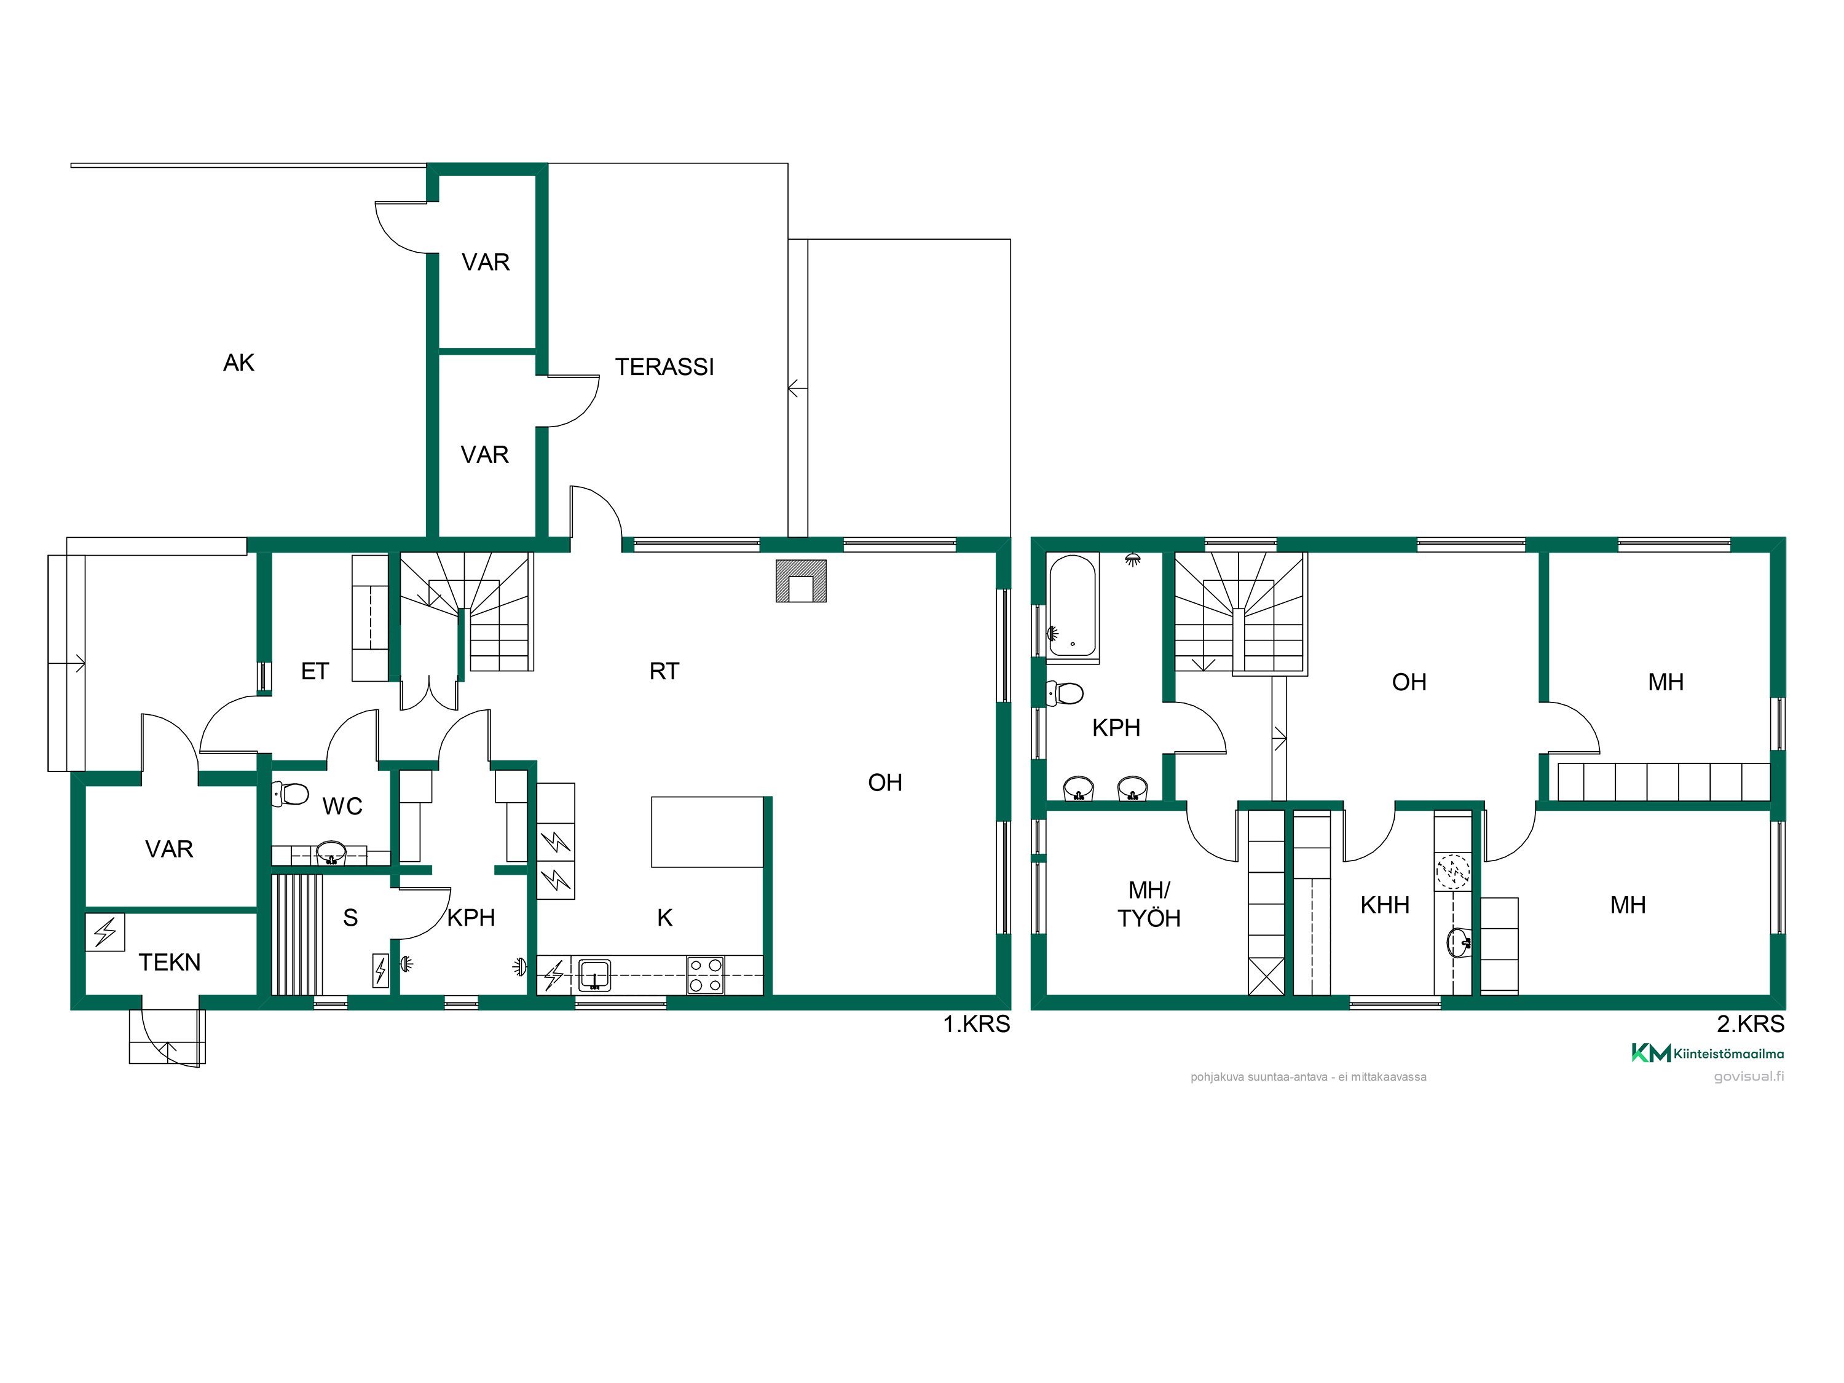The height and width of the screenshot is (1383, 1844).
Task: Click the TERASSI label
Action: [664, 367]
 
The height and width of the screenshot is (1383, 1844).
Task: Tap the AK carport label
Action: [238, 363]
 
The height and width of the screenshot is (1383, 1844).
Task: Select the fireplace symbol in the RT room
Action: [800, 581]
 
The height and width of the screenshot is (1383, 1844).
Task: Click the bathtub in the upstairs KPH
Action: [1072, 608]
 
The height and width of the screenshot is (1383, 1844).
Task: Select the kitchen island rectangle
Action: [707, 832]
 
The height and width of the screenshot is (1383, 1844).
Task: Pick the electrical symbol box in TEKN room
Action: [105, 932]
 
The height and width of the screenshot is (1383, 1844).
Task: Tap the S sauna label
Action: [350, 918]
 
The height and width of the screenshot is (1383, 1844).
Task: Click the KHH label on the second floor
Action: [1385, 905]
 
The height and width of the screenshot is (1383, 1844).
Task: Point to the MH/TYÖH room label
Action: [1149, 905]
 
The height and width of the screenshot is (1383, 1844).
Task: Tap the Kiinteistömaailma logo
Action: [1708, 1054]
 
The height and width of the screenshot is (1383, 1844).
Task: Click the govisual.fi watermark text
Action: [1749, 1076]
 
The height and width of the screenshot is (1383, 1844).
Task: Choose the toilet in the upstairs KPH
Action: [1065, 693]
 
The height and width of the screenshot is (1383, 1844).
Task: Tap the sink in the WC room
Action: [331, 852]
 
